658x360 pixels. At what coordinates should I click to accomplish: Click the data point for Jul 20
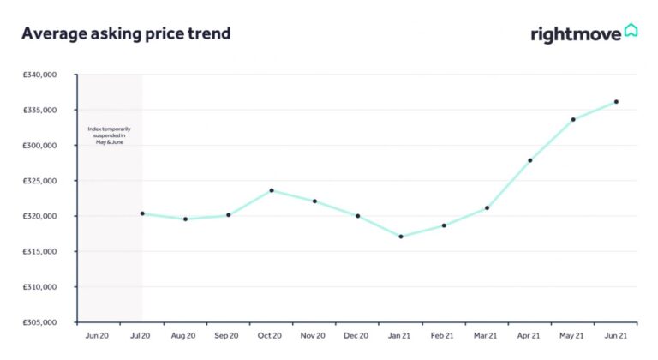[x=142, y=213]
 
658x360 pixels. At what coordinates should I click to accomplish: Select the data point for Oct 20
[x=272, y=190]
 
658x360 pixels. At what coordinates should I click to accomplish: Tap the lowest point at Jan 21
[x=401, y=237]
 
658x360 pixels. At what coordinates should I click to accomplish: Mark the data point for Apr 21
[x=530, y=160]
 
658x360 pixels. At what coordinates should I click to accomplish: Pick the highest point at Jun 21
[x=616, y=102]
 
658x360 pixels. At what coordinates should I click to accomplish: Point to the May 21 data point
[x=573, y=120]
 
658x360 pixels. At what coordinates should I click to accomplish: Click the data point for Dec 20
[x=358, y=216]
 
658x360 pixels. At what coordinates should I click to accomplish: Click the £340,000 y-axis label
[x=39, y=75]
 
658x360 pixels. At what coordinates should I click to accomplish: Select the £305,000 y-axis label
[x=39, y=322]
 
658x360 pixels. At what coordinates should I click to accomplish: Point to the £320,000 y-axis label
[x=39, y=216]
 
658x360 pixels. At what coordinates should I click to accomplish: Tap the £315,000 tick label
[x=39, y=251]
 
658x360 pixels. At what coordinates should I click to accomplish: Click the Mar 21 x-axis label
[x=487, y=337]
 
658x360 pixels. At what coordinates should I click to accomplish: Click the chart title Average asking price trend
[x=126, y=33]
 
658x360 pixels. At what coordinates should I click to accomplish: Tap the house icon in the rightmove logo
[x=631, y=31]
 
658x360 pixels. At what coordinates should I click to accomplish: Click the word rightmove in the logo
[x=576, y=35]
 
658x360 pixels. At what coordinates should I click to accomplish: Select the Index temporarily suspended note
[x=109, y=135]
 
